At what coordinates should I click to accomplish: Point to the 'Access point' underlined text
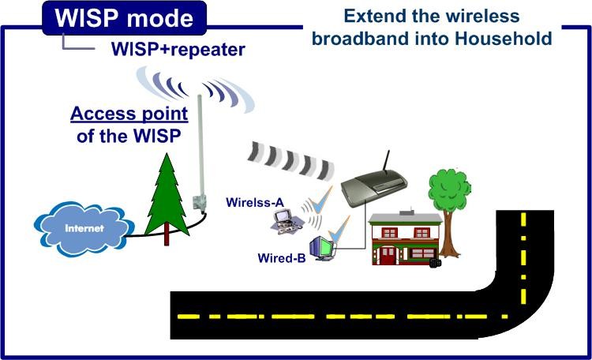129,114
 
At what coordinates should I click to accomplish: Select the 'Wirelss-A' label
255,202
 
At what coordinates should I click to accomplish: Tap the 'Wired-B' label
281,257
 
